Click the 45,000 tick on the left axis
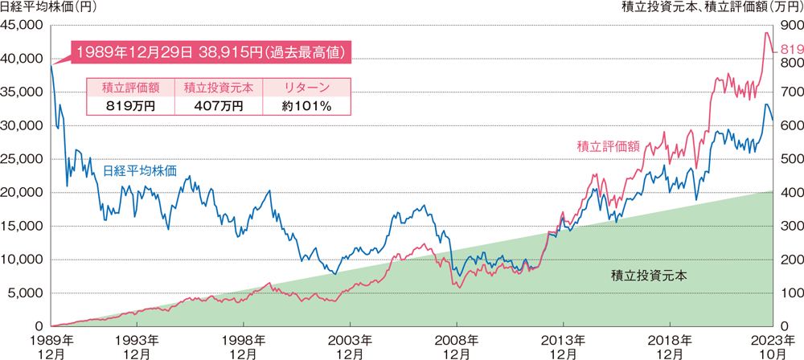pos(25,25)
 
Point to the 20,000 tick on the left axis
pos(25,192)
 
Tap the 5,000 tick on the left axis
pos(28,292)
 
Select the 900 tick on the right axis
pos(790,25)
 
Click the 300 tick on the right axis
pos(790,226)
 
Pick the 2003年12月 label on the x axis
pos(350,346)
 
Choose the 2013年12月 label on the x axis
pos(563,346)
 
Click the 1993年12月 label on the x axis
pos(137,346)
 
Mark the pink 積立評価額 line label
pos(608,146)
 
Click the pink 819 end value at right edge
pos(791,51)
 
